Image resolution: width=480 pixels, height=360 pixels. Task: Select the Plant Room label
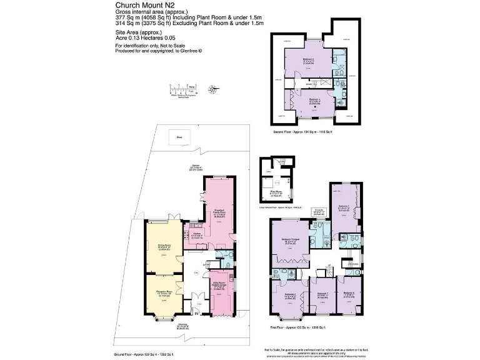pos(274,194)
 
